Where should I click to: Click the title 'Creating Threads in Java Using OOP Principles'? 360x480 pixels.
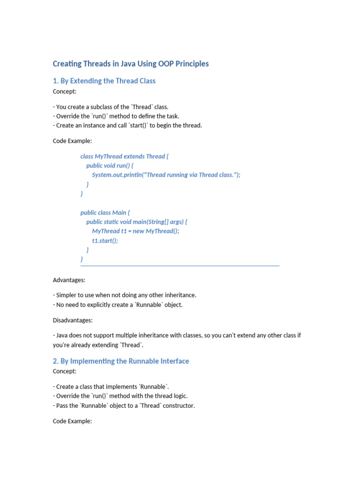click(x=131, y=64)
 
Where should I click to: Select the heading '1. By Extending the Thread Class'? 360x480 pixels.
click(x=104, y=81)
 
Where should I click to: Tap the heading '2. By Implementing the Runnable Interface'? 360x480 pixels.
click(x=121, y=361)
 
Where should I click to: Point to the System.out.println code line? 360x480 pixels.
click(x=166, y=175)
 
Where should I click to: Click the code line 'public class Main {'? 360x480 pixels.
click(x=105, y=212)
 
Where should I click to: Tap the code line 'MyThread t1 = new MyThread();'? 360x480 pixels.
click(x=135, y=231)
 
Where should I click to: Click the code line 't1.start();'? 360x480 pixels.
click(x=105, y=240)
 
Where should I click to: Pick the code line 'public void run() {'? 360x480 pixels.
click(x=110, y=165)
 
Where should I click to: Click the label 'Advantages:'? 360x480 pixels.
click(x=69, y=280)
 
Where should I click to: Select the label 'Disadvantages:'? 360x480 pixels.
click(x=73, y=320)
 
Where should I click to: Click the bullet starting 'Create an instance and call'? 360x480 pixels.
click(x=127, y=125)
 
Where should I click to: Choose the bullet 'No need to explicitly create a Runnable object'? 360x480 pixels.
click(x=118, y=305)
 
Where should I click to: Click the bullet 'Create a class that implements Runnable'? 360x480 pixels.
click(x=111, y=387)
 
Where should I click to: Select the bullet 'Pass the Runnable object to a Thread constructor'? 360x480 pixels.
click(x=124, y=405)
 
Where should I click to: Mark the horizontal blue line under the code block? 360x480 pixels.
click(x=180, y=266)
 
